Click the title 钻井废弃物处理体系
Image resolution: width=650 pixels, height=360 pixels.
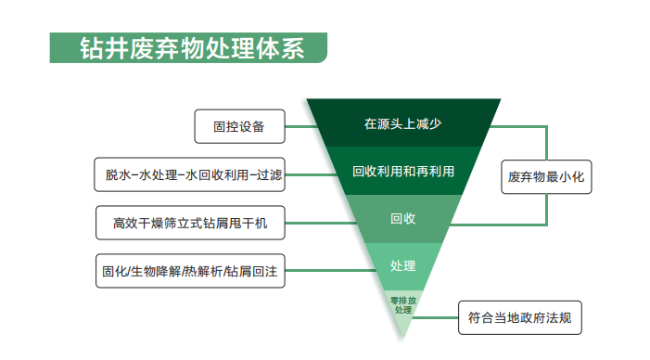(190, 46)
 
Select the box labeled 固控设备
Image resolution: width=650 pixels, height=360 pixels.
(238, 127)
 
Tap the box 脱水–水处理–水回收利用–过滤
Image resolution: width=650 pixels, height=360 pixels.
(192, 174)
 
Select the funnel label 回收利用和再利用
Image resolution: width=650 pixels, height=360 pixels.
(403, 172)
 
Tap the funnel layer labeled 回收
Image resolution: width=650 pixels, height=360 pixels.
(403, 220)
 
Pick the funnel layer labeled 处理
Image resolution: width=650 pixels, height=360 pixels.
(403, 265)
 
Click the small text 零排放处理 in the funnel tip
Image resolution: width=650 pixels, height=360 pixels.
(402, 304)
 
